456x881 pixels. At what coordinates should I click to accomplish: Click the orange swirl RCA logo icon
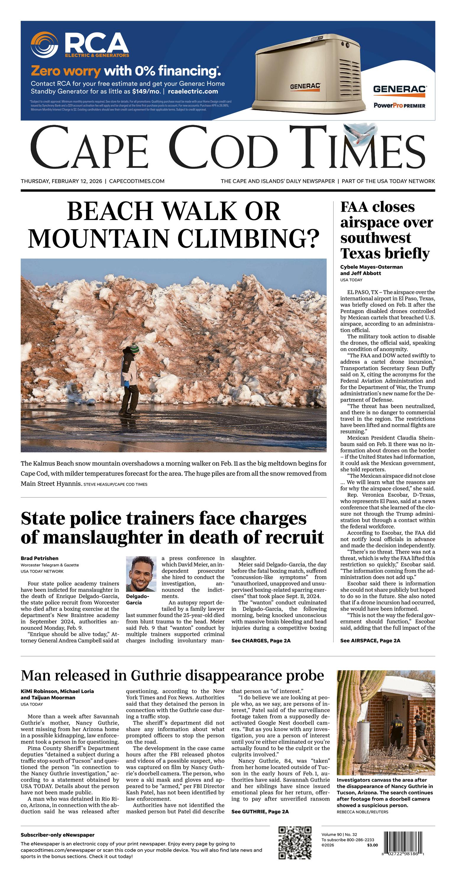(x=44, y=45)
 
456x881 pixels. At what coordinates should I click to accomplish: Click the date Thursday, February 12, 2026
(x=61, y=181)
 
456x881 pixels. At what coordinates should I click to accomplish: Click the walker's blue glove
(x=127, y=383)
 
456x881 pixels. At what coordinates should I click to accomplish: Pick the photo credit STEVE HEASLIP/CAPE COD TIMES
(x=115, y=484)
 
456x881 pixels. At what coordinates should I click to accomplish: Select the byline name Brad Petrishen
(x=39, y=558)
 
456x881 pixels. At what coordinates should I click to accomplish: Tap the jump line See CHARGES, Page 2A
(x=261, y=641)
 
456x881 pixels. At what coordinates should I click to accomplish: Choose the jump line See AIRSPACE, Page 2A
(x=370, y=641)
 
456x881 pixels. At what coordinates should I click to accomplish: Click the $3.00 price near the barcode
(x=373, y=845)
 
